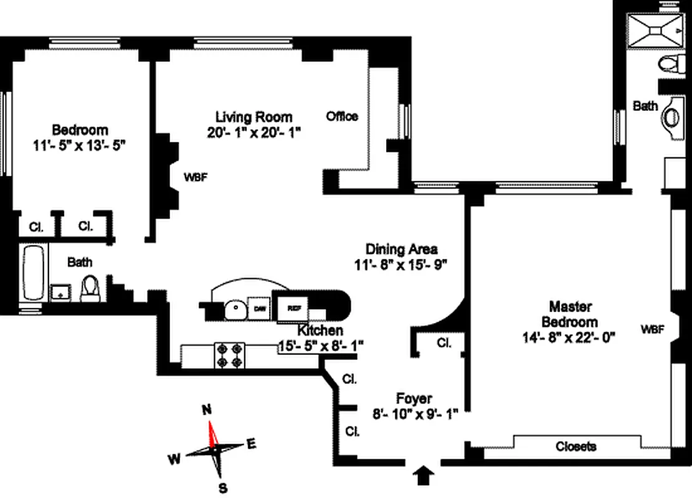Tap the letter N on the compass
tap(207, 410)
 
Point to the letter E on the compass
tap(252, 444)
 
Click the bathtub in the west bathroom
tap(34, 274)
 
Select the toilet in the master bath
tap(669, 63)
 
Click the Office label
tap(342, 116)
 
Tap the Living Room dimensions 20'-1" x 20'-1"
tap(254, 132)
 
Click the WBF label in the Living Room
tap(195, 176)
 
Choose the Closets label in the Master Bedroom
tap(576, 446)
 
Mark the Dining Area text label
tap(401, 249)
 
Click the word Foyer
tap(414, 398)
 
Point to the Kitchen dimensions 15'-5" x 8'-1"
tap(321, 344)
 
